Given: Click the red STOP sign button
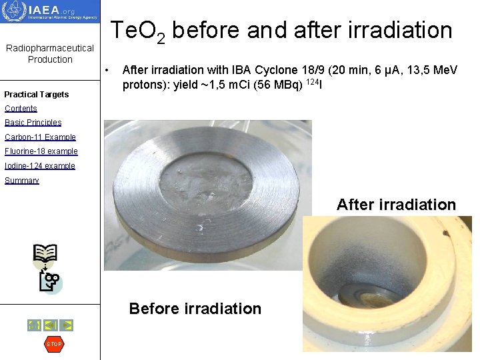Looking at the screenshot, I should [x=54, y=344].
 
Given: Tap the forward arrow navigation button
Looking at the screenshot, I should [x=67, y=325].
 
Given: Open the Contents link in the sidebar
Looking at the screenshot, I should [x=21, y=109].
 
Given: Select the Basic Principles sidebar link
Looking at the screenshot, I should [x=33, y=123].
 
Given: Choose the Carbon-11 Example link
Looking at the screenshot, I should [x=40, y=137].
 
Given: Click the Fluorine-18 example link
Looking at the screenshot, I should [x=41, y=151].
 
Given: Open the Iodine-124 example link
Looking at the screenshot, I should [x=40, y=166].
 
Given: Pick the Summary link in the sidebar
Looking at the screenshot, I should [x=22, y=181].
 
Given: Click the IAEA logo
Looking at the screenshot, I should [x=50, y=12].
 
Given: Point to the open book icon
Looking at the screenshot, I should [x=45, y=253].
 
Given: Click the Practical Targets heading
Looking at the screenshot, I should [x=37, y=95].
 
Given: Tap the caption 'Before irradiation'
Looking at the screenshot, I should [x=195, y=309].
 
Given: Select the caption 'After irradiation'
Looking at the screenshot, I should [x=396, y=205].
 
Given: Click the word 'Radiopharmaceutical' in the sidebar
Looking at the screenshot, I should [x=50, y=48].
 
